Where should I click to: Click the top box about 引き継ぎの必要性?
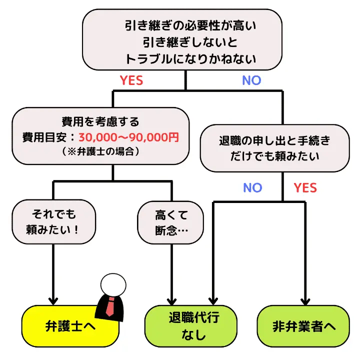pyautogui.click(x=186, y=40)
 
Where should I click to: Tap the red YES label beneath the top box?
pyautogui.click(x=131, y=80)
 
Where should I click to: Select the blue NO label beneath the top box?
pyautogui.click(x=251, y=80)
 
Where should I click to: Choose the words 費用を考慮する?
pyautogui.click(x=100, y=121)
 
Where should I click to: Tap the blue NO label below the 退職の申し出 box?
pyautogui.click(x=252, y=187)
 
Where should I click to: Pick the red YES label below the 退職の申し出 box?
pyautogui.click(x=305, y=187)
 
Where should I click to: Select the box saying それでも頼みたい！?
pyautogui.click(x=53, y=222)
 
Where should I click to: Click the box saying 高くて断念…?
pyautogui.click(x=171, y=222)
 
